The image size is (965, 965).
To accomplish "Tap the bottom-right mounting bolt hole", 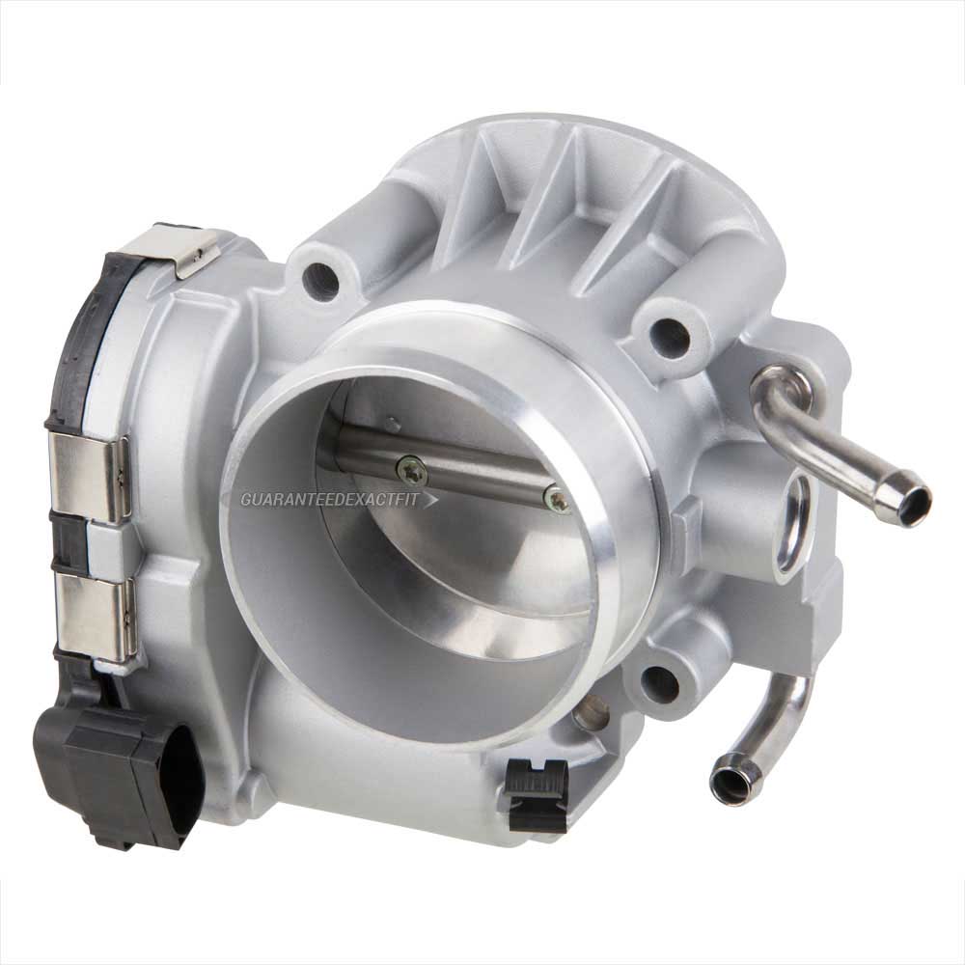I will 661,683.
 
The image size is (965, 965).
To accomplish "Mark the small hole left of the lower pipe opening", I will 591,713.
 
